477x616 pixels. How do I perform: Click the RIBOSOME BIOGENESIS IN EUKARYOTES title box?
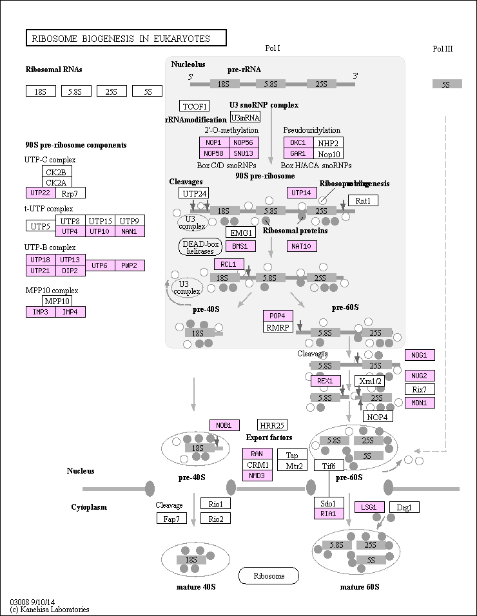click(x=126, y=39)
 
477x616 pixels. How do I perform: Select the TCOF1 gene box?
click(x=195, y=106)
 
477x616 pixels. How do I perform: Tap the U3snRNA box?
click(x=245, y=117)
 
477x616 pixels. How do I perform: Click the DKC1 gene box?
click(x=298, y=143)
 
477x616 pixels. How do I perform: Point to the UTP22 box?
click(x=40, y=193)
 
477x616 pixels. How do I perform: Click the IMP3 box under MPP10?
click(x=40, y=312)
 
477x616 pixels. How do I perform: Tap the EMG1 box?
click(x=240, y=232)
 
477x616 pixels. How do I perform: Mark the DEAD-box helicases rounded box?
click(x=200, y=247)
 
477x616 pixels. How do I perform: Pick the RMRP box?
click(x=278, y=327)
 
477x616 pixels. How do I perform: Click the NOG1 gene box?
click(x=420, y=355)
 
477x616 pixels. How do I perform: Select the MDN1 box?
click(x=420, y=403)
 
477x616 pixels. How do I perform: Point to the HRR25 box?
click(x=271, y=425)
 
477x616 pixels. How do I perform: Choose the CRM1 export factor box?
click(x=257, y=465)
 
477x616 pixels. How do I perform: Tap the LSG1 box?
click(x=369, y=507)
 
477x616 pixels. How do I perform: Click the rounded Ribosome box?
click(x=269, y=575)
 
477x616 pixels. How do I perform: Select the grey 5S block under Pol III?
click(x=446, y=84)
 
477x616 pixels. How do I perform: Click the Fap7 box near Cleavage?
click(x=171, y=519)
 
